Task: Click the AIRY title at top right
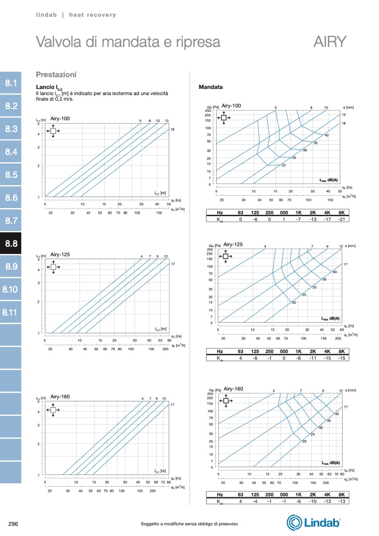click(x=330, y=43)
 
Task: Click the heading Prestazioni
click(x=56, y=74)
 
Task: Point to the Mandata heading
click(x=211, y=88)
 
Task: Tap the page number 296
click(x=14, y=524)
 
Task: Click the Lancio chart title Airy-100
click(x=60, y=119)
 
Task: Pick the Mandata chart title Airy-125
click(x=233, y=245)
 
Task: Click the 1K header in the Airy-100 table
click(x=298, y=213)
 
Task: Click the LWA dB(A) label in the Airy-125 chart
click(x=330, y=318)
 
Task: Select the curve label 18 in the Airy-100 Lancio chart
click(x=172, y=130)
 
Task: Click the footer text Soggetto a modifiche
click(x=189, y=524)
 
